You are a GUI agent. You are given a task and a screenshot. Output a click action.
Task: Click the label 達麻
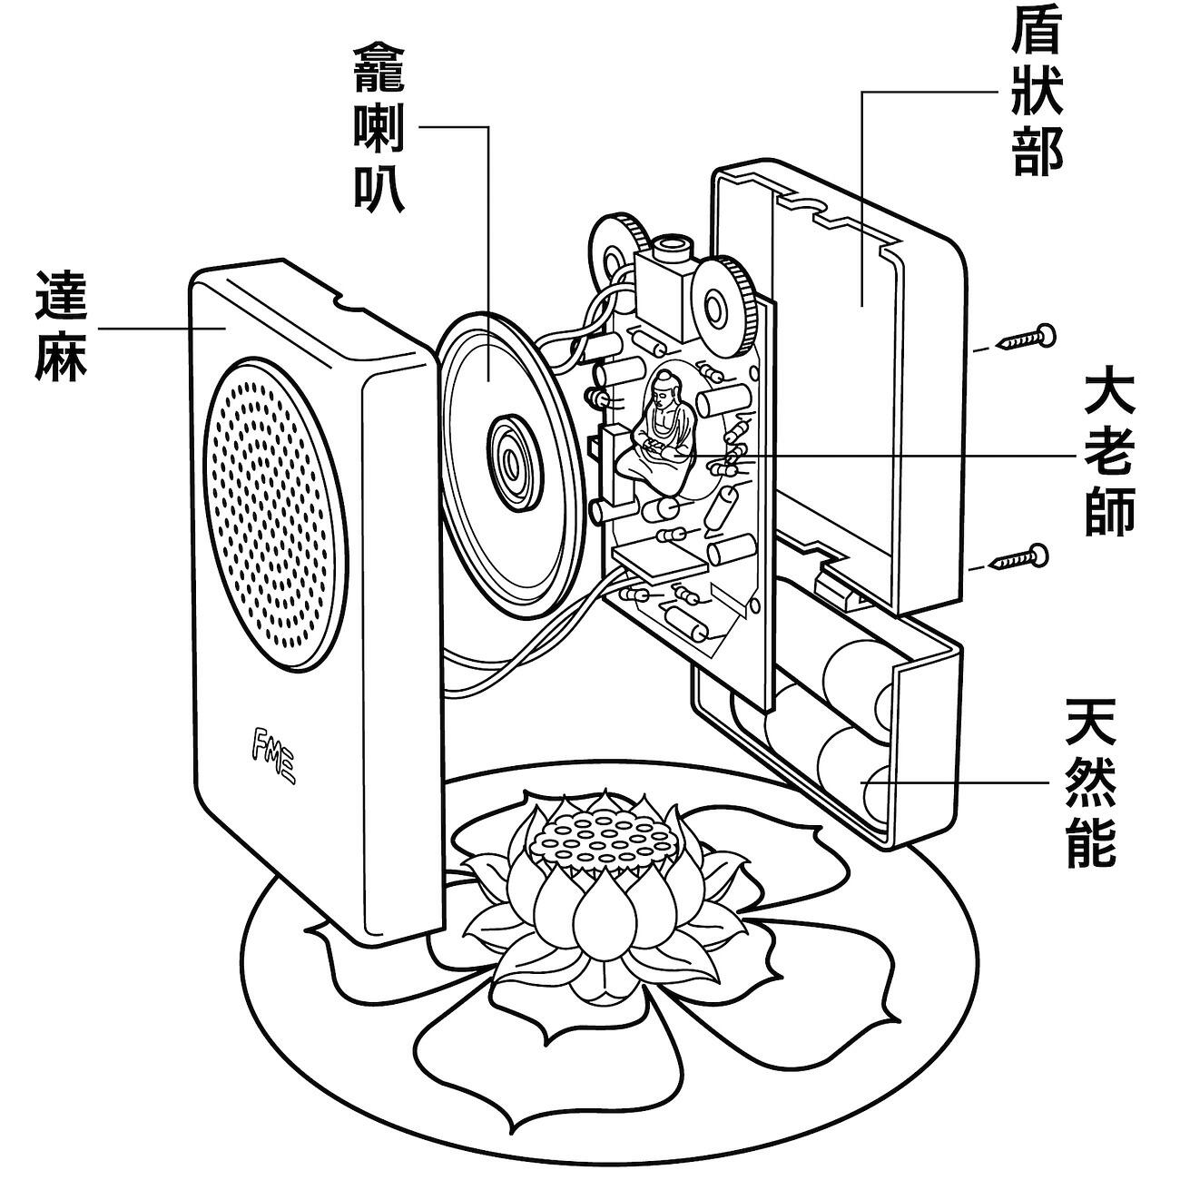61,324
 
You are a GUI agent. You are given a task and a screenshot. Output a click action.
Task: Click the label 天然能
1090,782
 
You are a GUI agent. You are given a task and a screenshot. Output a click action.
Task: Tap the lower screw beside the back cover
1022,556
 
